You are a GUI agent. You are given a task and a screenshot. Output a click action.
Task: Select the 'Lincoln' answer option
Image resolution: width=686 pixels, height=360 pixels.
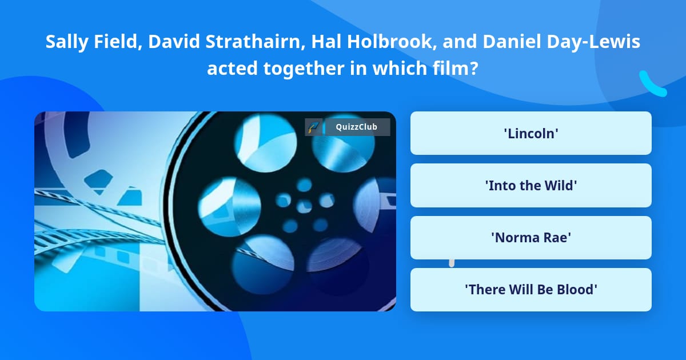(x=531, y=133)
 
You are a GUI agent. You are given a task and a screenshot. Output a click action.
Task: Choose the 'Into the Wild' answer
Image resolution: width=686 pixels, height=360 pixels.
(x=531, y=185)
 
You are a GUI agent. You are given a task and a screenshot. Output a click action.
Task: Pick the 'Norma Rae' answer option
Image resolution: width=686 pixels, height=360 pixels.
(x=531, y=238)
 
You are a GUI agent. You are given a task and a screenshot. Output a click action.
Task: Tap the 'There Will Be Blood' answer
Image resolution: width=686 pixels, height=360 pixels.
(x=531, y=290)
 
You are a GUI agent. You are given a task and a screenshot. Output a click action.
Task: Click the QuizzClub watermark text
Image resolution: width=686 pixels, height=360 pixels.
(x=356, y=127)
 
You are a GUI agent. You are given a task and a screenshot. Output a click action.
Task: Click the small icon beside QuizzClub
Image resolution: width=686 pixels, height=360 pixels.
(x=313, y=127)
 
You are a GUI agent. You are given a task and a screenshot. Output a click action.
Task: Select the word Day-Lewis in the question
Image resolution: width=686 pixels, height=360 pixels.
(x=593, y=42)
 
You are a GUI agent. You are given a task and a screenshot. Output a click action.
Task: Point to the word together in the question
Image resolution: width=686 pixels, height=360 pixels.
(x=304, y=69)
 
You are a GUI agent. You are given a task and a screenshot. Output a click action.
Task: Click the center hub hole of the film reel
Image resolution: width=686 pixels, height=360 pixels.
(x=304, y=206)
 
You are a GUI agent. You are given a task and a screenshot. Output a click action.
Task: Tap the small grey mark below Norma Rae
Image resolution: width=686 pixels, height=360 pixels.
(x=452, y=263)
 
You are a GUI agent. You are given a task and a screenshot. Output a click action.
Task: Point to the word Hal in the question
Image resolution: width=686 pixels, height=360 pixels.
(x=326, y=41)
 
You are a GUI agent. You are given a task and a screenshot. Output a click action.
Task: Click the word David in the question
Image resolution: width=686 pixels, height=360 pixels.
(x=174, y=41)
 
